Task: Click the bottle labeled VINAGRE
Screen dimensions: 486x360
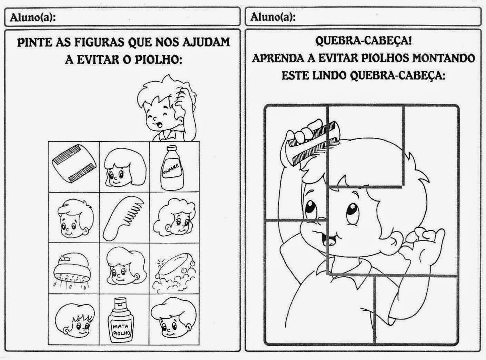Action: (x=172, y=168)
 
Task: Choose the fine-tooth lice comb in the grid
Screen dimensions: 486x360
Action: (x=74, y=166)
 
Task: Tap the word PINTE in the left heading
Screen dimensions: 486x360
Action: (x=34, y=42)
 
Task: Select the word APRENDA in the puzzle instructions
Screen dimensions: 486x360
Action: (x=277, y=58)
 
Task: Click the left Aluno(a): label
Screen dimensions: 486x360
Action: (x=33, y=18)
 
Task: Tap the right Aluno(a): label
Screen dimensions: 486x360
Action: (x=273, y=17)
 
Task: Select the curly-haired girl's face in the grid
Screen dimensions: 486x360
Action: (x=174, y=218)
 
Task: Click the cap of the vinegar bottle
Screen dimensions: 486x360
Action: (x=172, y=148)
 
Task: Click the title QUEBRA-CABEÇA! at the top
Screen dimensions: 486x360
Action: (x=363, y=41)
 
